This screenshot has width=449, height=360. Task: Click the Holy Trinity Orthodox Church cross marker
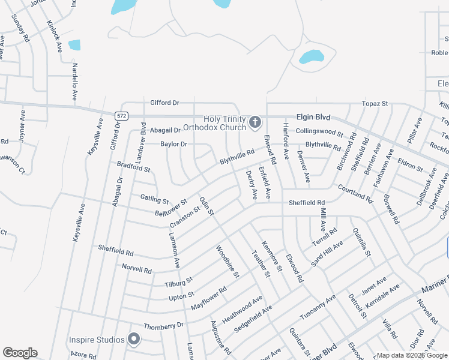pyautogui.click(x=255, y=124)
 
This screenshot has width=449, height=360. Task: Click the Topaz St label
pyautogui.click(x=375, y=104)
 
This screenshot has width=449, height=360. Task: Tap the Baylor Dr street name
pyautogui.click(x=173, y=144)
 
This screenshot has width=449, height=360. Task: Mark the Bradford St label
pyautogui.click(x=133, y=167)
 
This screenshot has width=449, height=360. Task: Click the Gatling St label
pyautogui.click(x=154, y=198)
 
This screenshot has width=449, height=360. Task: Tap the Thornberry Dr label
pyautogui.click(x=163, y=326)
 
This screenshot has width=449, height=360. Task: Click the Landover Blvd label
pyautogui.click(x=143, y=142)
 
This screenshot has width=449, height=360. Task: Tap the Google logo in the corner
pyautogui.click(x=20, y=353)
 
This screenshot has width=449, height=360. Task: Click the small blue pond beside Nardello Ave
pyautogui.click(x=74, y=45)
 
